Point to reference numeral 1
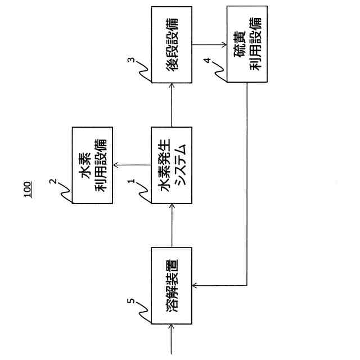(x=131, y=182)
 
